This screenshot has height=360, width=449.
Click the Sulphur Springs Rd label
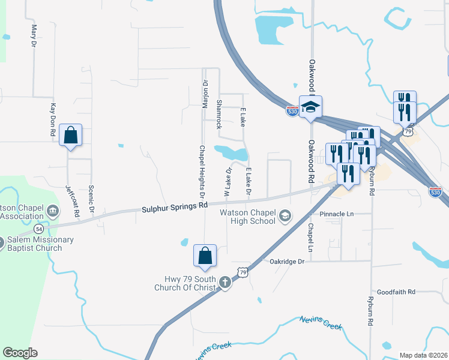pos(175,208)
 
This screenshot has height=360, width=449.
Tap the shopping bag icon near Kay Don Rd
pos(71,136)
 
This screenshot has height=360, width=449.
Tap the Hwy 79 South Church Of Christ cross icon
pos(225,282)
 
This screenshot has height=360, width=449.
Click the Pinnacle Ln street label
pos(337,214)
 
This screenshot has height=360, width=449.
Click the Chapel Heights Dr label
pos(202,172)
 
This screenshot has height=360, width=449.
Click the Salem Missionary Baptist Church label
pos(40,244)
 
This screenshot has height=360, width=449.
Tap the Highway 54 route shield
pos(39,229)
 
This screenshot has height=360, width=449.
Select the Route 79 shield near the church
pos(243,272)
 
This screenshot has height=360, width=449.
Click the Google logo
pos(20,353)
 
